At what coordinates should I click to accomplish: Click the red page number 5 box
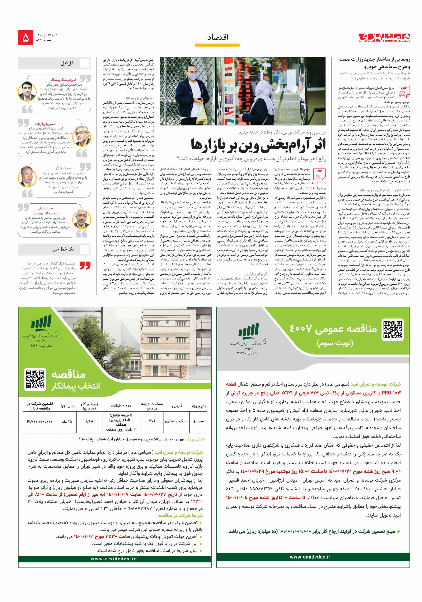pyautogui.click(x=26, y=38)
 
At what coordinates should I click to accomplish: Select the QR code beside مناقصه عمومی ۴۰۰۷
pyautogui.click(x=392, y=330)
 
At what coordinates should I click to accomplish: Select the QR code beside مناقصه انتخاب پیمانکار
pyautogui.click(x=35, y=379)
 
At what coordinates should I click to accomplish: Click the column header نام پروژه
pyautogui.click(x=199, y=406)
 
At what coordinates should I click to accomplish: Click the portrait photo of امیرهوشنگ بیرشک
pyautogui.click(x=27, y=92)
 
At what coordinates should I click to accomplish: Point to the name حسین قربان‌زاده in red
pyautogui.click(x=45, y=124)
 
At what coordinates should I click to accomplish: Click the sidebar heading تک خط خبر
pyautogui.click(x=63, y=249)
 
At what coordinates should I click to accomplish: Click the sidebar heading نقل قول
pyautogui.click(x=68, y=63)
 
